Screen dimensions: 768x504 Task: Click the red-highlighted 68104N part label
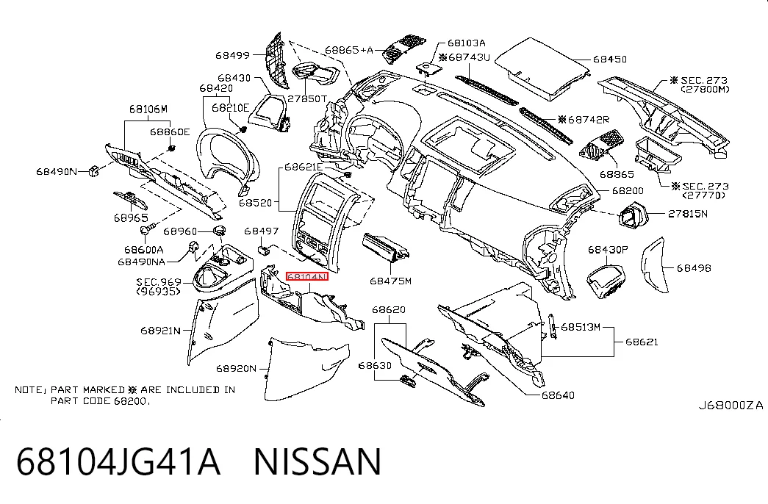click(306, 277)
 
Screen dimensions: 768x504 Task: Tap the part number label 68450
click(610, 60)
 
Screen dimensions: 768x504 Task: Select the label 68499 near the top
click(233, 55)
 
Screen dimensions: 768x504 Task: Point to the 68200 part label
click(628, 190)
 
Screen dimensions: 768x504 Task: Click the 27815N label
click(688, 214)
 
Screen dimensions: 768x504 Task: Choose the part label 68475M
click(390, 281)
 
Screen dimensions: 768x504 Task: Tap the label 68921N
click(161, 331)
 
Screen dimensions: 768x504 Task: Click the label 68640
click(558, 395)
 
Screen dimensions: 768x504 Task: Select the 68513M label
click(581, 327)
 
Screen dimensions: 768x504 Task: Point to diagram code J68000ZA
click(731, 405)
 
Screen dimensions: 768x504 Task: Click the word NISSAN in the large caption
click(317, 461)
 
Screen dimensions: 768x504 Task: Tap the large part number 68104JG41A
click(118, 461)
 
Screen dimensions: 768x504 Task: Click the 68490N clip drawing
click(93, 171)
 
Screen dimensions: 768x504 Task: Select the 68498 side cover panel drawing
click(653, 265)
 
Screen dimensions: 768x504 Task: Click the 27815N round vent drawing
click(632, 216)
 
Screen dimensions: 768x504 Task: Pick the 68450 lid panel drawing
click(542, 68)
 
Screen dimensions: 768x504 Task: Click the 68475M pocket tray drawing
click(385, 246)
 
